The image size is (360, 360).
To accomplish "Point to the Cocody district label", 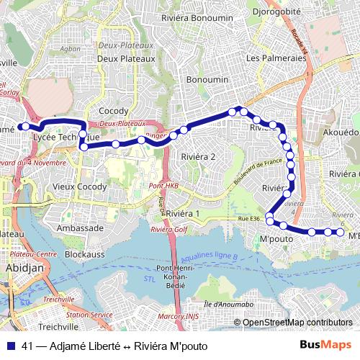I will click(x=114, y=111).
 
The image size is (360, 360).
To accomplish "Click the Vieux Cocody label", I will click(x=80, y=186).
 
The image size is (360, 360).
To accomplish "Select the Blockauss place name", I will click(x=85, y=254).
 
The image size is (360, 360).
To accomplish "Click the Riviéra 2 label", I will click(x=199, y=156).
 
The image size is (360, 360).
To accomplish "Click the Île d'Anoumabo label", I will click(x=228, y=304).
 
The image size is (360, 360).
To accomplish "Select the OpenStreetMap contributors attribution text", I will click(x=297, y=322).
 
